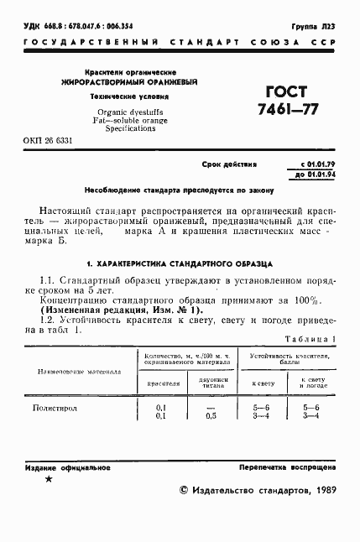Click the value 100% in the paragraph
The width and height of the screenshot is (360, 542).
305,300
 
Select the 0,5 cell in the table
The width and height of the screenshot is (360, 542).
211,415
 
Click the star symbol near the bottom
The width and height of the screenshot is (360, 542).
47,479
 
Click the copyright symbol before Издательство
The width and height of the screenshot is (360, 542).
185,491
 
